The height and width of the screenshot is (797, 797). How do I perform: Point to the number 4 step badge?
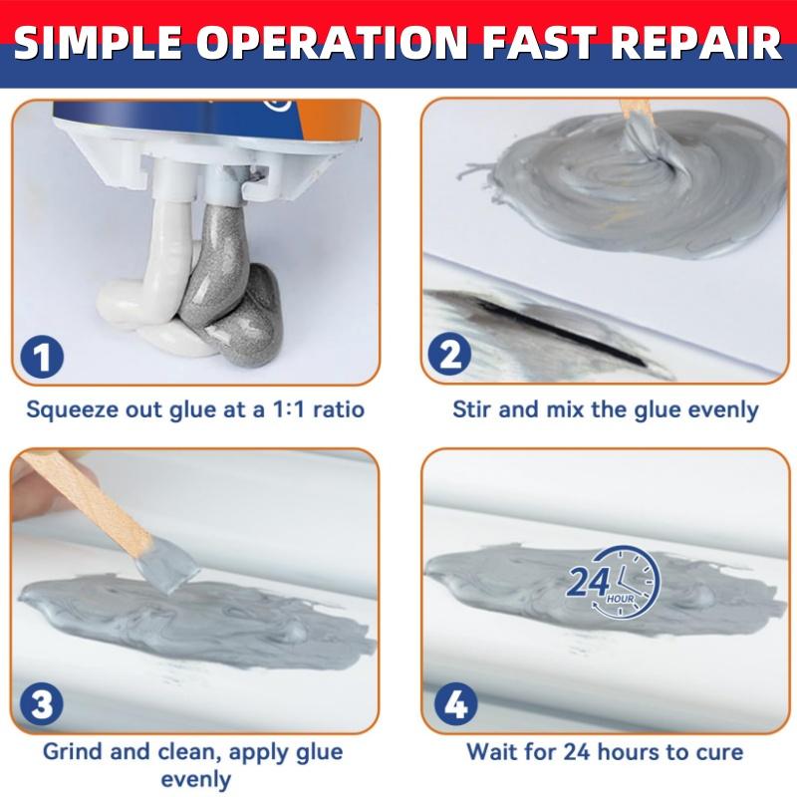(454, 705)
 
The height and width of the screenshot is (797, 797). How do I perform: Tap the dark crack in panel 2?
(558, 333)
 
